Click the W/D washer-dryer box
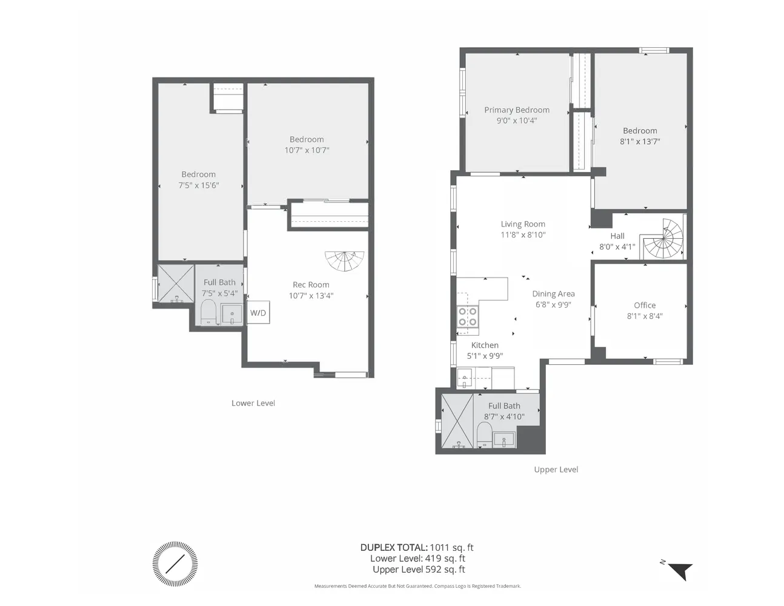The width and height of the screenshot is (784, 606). tap(258, 313)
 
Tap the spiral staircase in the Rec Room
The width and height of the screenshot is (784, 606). tap(345, 261)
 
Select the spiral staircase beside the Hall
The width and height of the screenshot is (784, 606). tap(664, 240)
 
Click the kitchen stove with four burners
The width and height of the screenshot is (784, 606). tap(467, 317)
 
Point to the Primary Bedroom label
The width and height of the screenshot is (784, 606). tap(517, 110)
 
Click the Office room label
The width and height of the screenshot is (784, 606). tap(645, 305)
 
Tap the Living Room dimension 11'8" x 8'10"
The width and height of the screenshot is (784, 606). tap(523, 235)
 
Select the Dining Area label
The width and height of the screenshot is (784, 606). tap(553, 294)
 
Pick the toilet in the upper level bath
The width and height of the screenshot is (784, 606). tap(484, 434)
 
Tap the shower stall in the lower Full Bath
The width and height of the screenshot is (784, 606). tap(176, 283)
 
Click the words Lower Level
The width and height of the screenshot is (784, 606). tap(253, 403)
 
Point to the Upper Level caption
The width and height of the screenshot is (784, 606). tap(556, 470)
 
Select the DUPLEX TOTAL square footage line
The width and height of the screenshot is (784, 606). tap(417, 547)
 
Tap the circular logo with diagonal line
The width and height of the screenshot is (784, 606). tap(175, 564)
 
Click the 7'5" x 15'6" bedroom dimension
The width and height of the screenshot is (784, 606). tap(198, 185)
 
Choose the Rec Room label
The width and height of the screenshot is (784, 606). tap(311, 285)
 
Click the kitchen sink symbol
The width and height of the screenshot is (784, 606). tap(465, 379)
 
